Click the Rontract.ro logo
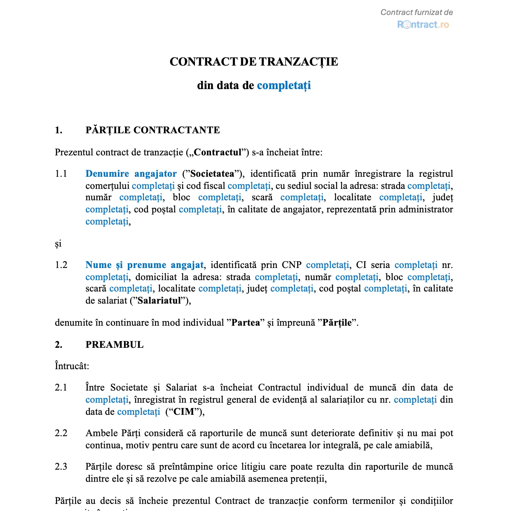[423, 25]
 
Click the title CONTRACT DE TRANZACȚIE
[254, 62]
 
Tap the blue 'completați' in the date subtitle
[284, 86]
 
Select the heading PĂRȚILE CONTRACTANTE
[153, 130]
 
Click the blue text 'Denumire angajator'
[131, 174]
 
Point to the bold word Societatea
[212, 174]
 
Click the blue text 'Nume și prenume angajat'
[144, 265]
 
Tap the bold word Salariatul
[159, 300]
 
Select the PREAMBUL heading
[114, 345]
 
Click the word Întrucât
[72, 366]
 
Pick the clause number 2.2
[61, 433]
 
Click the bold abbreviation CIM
[184, 412]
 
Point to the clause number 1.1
[61, 174]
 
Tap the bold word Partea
[246, 322]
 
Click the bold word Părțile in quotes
[337, 322]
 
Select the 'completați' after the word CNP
[327, 265]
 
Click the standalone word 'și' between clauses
[58, 243]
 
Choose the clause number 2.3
[61, 466]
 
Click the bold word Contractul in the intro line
[218, 152]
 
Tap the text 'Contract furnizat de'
[416, 12]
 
